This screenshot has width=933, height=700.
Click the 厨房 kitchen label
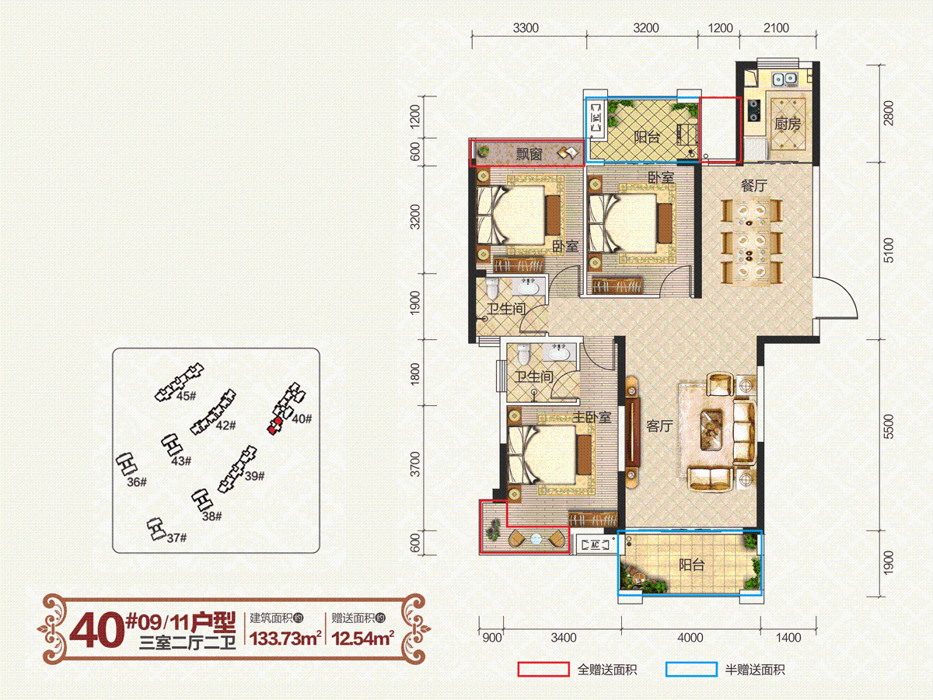click(787, 124)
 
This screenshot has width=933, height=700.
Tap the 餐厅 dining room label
click(753, 185)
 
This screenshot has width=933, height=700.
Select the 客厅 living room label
click(659, 426)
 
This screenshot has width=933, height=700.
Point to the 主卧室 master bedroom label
click(592, 417)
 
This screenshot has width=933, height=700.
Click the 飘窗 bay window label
click(529, 153)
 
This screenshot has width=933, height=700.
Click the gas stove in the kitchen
click(754, 110)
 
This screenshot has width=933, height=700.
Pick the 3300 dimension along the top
click(526, 28)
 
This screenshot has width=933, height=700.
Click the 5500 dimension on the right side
click(889, 426)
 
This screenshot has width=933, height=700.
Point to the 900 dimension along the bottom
click(492, 638)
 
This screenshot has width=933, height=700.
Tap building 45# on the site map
click(179, 383)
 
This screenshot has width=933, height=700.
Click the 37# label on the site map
click(176, 538)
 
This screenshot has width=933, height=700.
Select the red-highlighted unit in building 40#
click(274, 425)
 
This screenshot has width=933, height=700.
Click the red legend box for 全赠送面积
click(543, 670)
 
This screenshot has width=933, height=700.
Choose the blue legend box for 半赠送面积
click(691, 670)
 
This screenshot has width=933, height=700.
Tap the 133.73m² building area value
click(285, 638)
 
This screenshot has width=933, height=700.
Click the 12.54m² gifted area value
click(362, 638)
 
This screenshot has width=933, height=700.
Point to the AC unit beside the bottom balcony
click(595, 544)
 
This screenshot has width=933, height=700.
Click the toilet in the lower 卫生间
click(523, 354)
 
